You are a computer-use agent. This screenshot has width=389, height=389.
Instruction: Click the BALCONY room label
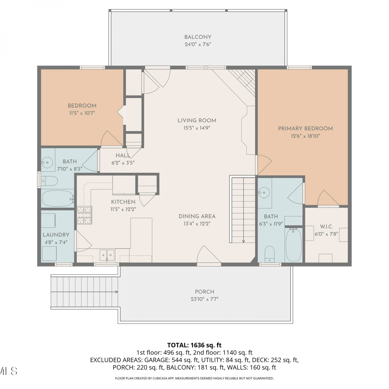pyautogui.click(x=198, y=37)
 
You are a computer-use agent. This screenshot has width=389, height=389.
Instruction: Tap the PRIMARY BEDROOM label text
pyautogui.click(x=305, y=128)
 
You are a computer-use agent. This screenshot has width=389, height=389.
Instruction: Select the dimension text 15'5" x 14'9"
pyautogui.click(x=197, y=128)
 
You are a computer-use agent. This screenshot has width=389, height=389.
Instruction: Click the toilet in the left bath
pyautogui.click(x=50, y=181)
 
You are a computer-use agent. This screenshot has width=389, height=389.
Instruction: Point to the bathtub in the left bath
pyautogui.click(x=58, y=199)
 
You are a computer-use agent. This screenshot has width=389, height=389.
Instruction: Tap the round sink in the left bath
pyautogui.click(x=47, y=163)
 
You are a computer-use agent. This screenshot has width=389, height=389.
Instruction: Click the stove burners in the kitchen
pyautogui.click(x=85, y=215)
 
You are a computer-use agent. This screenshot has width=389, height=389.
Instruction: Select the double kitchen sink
pyautogui.click(x=107, y=255)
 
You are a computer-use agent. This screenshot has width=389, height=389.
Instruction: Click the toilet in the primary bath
pyautogui.click(x=270, y=254)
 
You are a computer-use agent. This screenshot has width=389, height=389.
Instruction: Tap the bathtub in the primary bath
pyautogui.click(x=294, y=245)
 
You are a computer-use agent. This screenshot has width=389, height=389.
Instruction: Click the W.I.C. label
pyautogui.click(x=327, y=227)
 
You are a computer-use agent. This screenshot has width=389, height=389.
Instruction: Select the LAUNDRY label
pyautogui.click(x=56, y=235)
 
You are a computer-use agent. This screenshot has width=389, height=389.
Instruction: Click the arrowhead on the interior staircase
pyautogui.click(x=244, y=241)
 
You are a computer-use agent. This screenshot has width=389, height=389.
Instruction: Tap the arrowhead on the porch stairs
pyautogui.click(x=117, y=292)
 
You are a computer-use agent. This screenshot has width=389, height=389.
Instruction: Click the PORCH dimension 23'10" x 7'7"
pyautogui.click(x=205, y=299)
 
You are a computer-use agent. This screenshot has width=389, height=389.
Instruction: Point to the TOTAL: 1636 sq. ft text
pyautogui.click(x=195, y=345)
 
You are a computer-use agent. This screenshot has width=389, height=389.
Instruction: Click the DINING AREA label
pyautogui.click(x=197, y=216)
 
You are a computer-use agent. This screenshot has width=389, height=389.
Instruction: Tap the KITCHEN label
pyautogui.click(x=123, y=202)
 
